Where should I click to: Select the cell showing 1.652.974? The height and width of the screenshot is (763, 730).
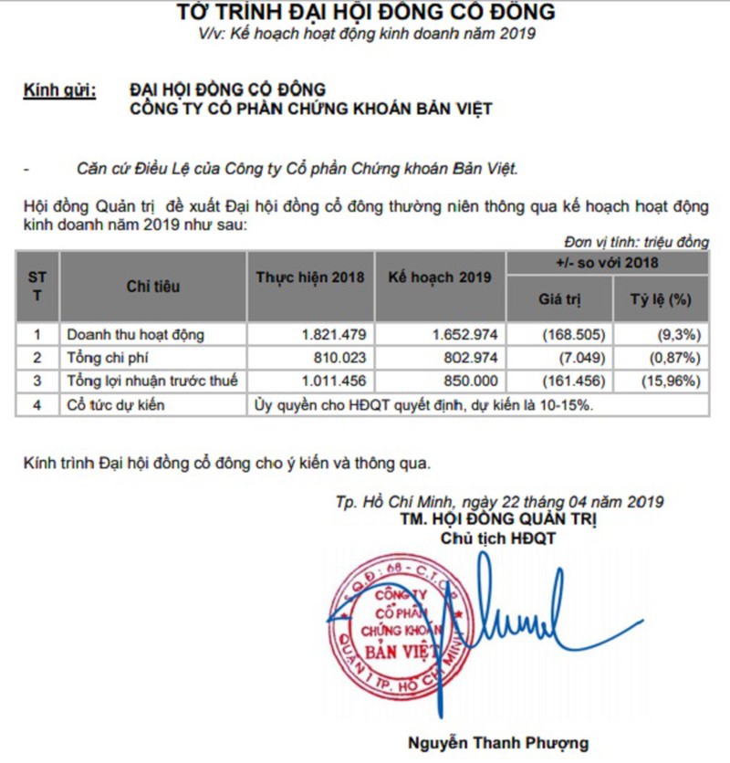[462, 335]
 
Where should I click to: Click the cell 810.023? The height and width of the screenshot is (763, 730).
[339, 357]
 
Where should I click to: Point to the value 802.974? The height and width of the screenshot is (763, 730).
[468, 357]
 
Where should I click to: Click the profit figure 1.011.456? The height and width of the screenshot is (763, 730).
[333, 380]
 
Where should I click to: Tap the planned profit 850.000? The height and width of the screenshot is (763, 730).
[468, 380]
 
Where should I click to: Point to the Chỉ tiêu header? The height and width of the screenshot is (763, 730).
[153, 287]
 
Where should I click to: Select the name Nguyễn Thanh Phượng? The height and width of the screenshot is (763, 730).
[498, 741]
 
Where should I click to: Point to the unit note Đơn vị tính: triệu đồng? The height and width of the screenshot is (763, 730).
[636, 242]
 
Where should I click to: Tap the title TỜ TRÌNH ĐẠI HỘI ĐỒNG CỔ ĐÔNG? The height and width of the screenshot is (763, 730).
[365, 13]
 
